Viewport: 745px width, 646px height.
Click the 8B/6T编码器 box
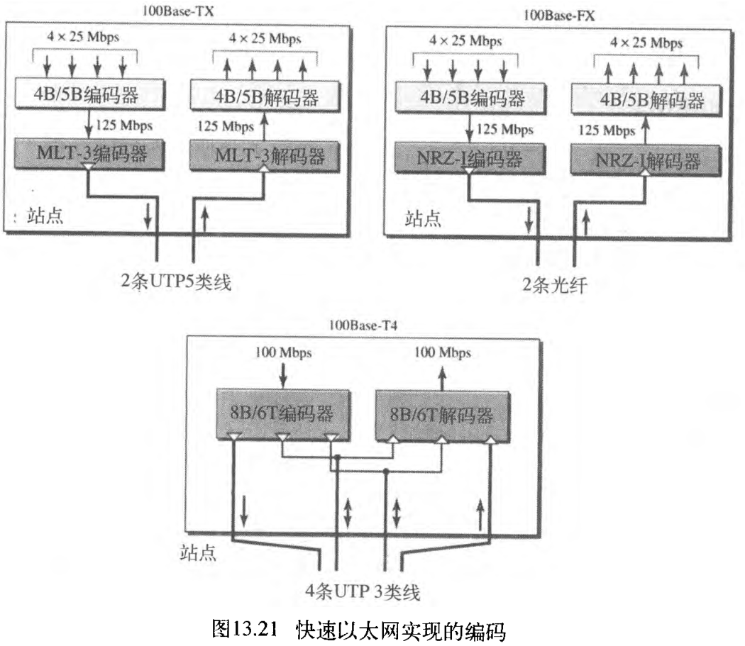pyautogui.click(x=282, y=413)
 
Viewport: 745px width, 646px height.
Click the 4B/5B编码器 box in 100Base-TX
pyautogui.click(x=89, y=93)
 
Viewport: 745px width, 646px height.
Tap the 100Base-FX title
pyautogui.click(x=558, y=14)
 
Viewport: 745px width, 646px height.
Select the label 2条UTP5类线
pyautogui.click(x=176, y=282)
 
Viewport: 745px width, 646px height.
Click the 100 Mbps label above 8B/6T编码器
pyautogui.click(x=284, y=352)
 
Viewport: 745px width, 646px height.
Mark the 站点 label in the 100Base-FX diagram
pyautogui.click(x=423, y=218)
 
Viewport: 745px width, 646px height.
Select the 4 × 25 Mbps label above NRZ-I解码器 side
pyautogui.click(x=646, y=43)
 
